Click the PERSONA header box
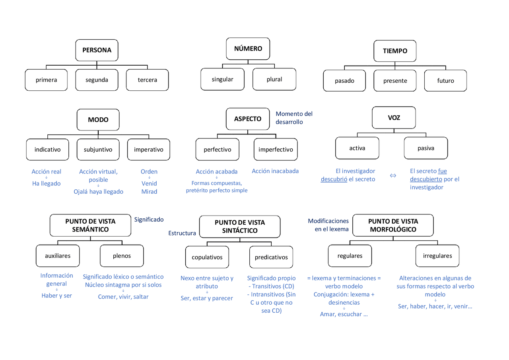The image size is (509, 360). click(97, 50)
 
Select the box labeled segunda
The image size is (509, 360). click(97, 80)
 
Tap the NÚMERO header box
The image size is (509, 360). click(248, 49)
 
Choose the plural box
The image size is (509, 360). click(274, 79)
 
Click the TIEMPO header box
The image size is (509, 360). click(395, 51)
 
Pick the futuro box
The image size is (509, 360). click(445, 81)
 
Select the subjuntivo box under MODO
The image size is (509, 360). click(98, 150)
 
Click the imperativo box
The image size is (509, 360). click(149, 150)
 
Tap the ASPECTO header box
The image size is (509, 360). click(248, 119)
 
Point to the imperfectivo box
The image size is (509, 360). click(276, 150)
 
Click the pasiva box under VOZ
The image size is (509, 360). click(426, 148)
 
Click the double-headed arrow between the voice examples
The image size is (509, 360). click(393, 175)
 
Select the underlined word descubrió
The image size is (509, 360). click(334, 179)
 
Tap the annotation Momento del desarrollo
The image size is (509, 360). click(294, 118)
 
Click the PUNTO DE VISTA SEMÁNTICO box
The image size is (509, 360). click(90, 225)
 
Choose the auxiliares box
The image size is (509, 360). click(58, 256)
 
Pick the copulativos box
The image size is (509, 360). click(207, 257)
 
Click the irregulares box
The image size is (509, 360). click(437, 256)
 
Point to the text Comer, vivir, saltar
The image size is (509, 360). click(123, 297)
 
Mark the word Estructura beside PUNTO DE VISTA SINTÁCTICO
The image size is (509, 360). click(182, 233)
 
